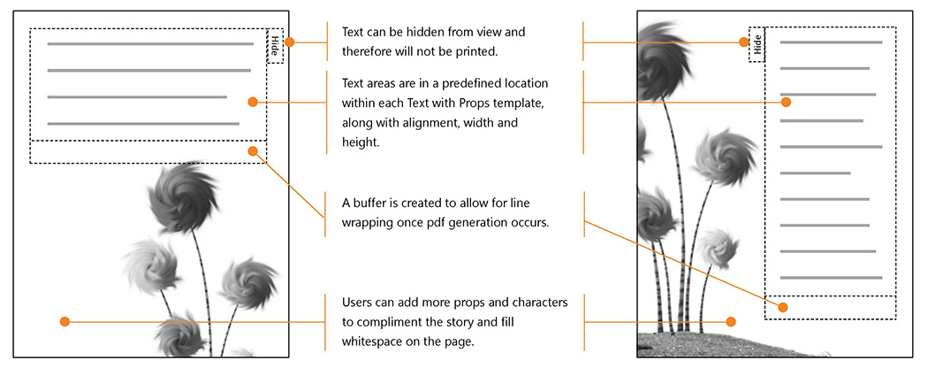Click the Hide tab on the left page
pos(275,45)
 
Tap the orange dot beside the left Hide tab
pos(289,42)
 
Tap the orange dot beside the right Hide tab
pos(743,42)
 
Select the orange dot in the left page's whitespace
pos(65,322)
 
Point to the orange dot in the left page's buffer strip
pos(253,151)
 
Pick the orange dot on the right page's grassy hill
pos(731,322)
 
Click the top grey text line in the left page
pos(150,43)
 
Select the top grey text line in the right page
pos(831,42)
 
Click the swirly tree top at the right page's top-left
pos(658,57)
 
